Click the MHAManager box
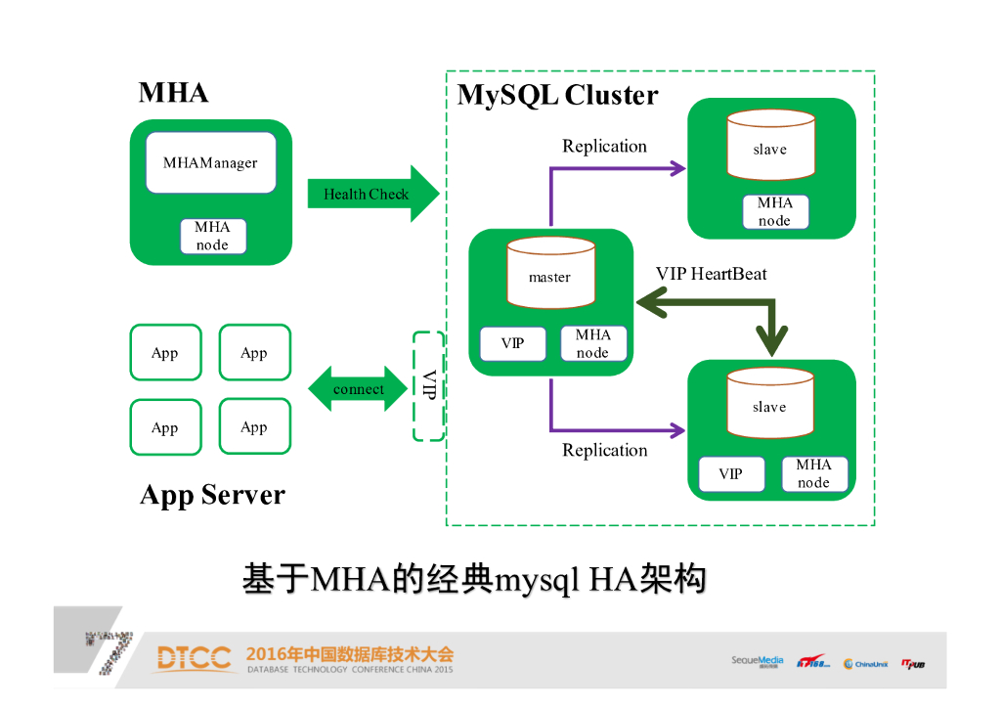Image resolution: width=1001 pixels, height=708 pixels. click(x=210, y=162)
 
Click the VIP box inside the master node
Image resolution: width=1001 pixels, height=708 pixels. click(x=512, y=343)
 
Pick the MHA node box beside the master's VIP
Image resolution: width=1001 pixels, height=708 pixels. click(x=592, y=343)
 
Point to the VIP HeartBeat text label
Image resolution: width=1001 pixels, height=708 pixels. click(x=711, y=274)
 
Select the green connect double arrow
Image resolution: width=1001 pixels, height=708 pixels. click(x=359, y=389)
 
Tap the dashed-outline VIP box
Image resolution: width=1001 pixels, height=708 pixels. click(x=429, y=385)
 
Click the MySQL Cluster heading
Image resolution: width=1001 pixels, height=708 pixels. click(x=557, y=96)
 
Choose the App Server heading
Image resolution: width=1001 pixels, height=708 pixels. click(x=212, y=495)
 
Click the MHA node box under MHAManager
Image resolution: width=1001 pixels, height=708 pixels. click(x=212, y=237)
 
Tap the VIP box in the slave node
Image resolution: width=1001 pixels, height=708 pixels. click(x=731, y=474)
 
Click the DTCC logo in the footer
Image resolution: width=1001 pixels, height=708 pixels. click(x=193, y=659)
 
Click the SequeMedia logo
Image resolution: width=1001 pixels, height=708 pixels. click(x=758, y=662)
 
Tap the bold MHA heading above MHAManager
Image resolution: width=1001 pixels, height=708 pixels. click(x=174, y=93)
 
